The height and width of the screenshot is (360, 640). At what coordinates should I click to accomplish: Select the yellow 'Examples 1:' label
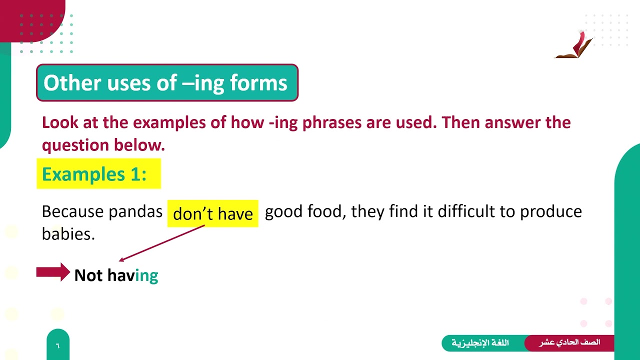94,174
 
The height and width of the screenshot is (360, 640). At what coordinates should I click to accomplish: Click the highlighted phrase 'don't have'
212,214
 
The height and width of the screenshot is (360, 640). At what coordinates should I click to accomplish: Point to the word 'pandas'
135,211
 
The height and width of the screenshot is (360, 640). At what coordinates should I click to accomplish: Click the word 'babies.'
68,233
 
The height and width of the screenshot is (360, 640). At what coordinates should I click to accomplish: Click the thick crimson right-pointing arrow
53,272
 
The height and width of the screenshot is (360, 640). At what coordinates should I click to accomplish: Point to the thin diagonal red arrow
162,243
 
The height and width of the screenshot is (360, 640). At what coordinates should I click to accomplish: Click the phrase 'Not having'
116,275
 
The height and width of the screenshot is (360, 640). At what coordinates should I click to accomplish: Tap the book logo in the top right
575,45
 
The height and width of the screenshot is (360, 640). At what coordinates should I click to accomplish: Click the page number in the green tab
57,345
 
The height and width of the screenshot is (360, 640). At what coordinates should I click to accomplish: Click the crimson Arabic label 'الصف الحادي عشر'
569,343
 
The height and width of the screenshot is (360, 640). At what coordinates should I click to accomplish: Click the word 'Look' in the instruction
59,122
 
